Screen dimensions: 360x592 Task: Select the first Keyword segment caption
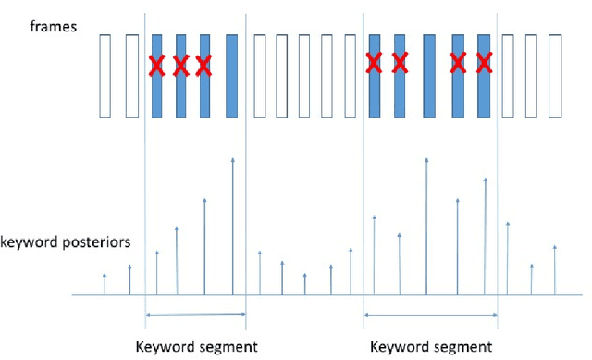click(x=196, y=348)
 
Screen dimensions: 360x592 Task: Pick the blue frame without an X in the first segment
click(x=231, y=75)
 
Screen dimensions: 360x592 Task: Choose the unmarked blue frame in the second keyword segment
click(x=429, y=75)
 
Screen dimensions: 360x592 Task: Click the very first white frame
click(x=105, y=75)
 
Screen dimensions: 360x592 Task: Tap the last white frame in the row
click(x=555, y=75)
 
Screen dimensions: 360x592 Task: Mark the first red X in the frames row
click(x=157, y=66)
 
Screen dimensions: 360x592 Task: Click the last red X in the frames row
click(x=483, y=63)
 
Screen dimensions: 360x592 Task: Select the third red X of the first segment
click(x=203, y=66)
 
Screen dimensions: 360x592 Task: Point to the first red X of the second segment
click(x=374, y=63)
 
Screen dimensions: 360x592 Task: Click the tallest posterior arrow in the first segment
click(x=232, y=227)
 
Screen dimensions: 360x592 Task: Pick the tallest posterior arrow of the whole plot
click(x=426, y=227)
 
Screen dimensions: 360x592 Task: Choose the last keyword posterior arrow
click(x=554, y=270)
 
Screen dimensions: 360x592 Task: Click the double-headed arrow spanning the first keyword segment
click(x=195, y=315)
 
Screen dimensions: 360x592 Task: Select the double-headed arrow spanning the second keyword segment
click(x=430, y=315)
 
